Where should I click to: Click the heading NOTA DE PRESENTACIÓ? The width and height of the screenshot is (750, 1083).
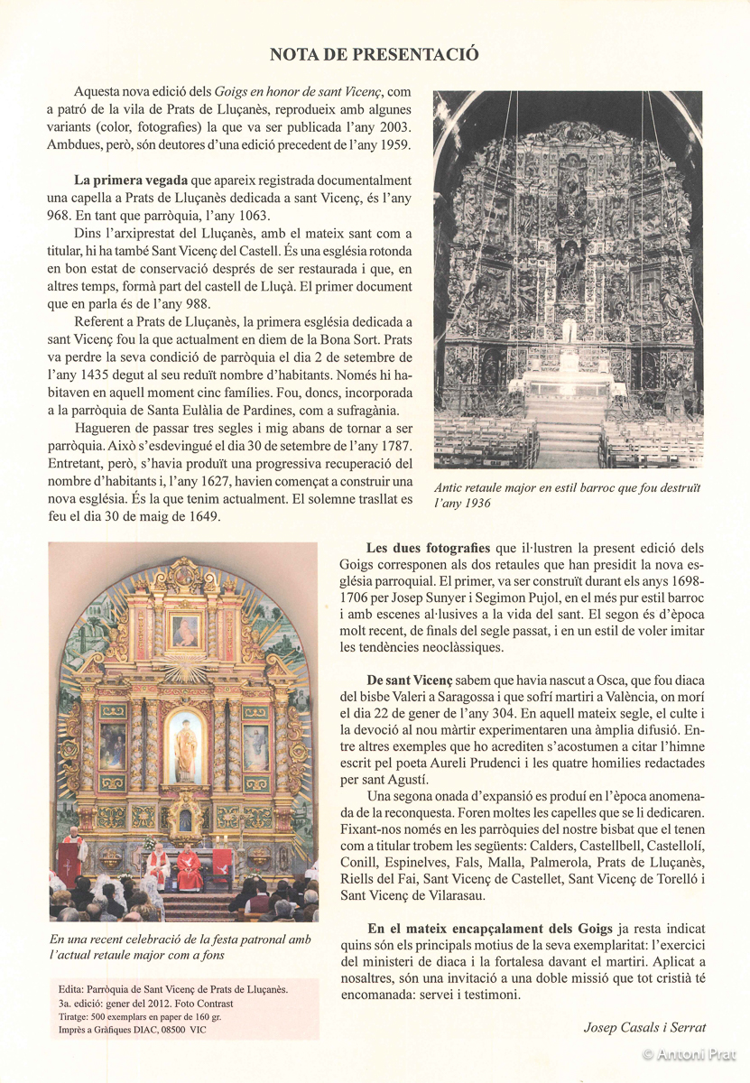pos(375,55)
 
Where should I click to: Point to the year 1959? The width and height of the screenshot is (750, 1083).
pos(394,144)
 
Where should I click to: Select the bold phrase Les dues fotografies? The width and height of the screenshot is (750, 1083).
pos(429,548)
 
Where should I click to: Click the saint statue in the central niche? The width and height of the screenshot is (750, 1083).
pos(185,748)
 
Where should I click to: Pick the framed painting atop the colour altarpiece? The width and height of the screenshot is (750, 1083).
pos(185,630)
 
